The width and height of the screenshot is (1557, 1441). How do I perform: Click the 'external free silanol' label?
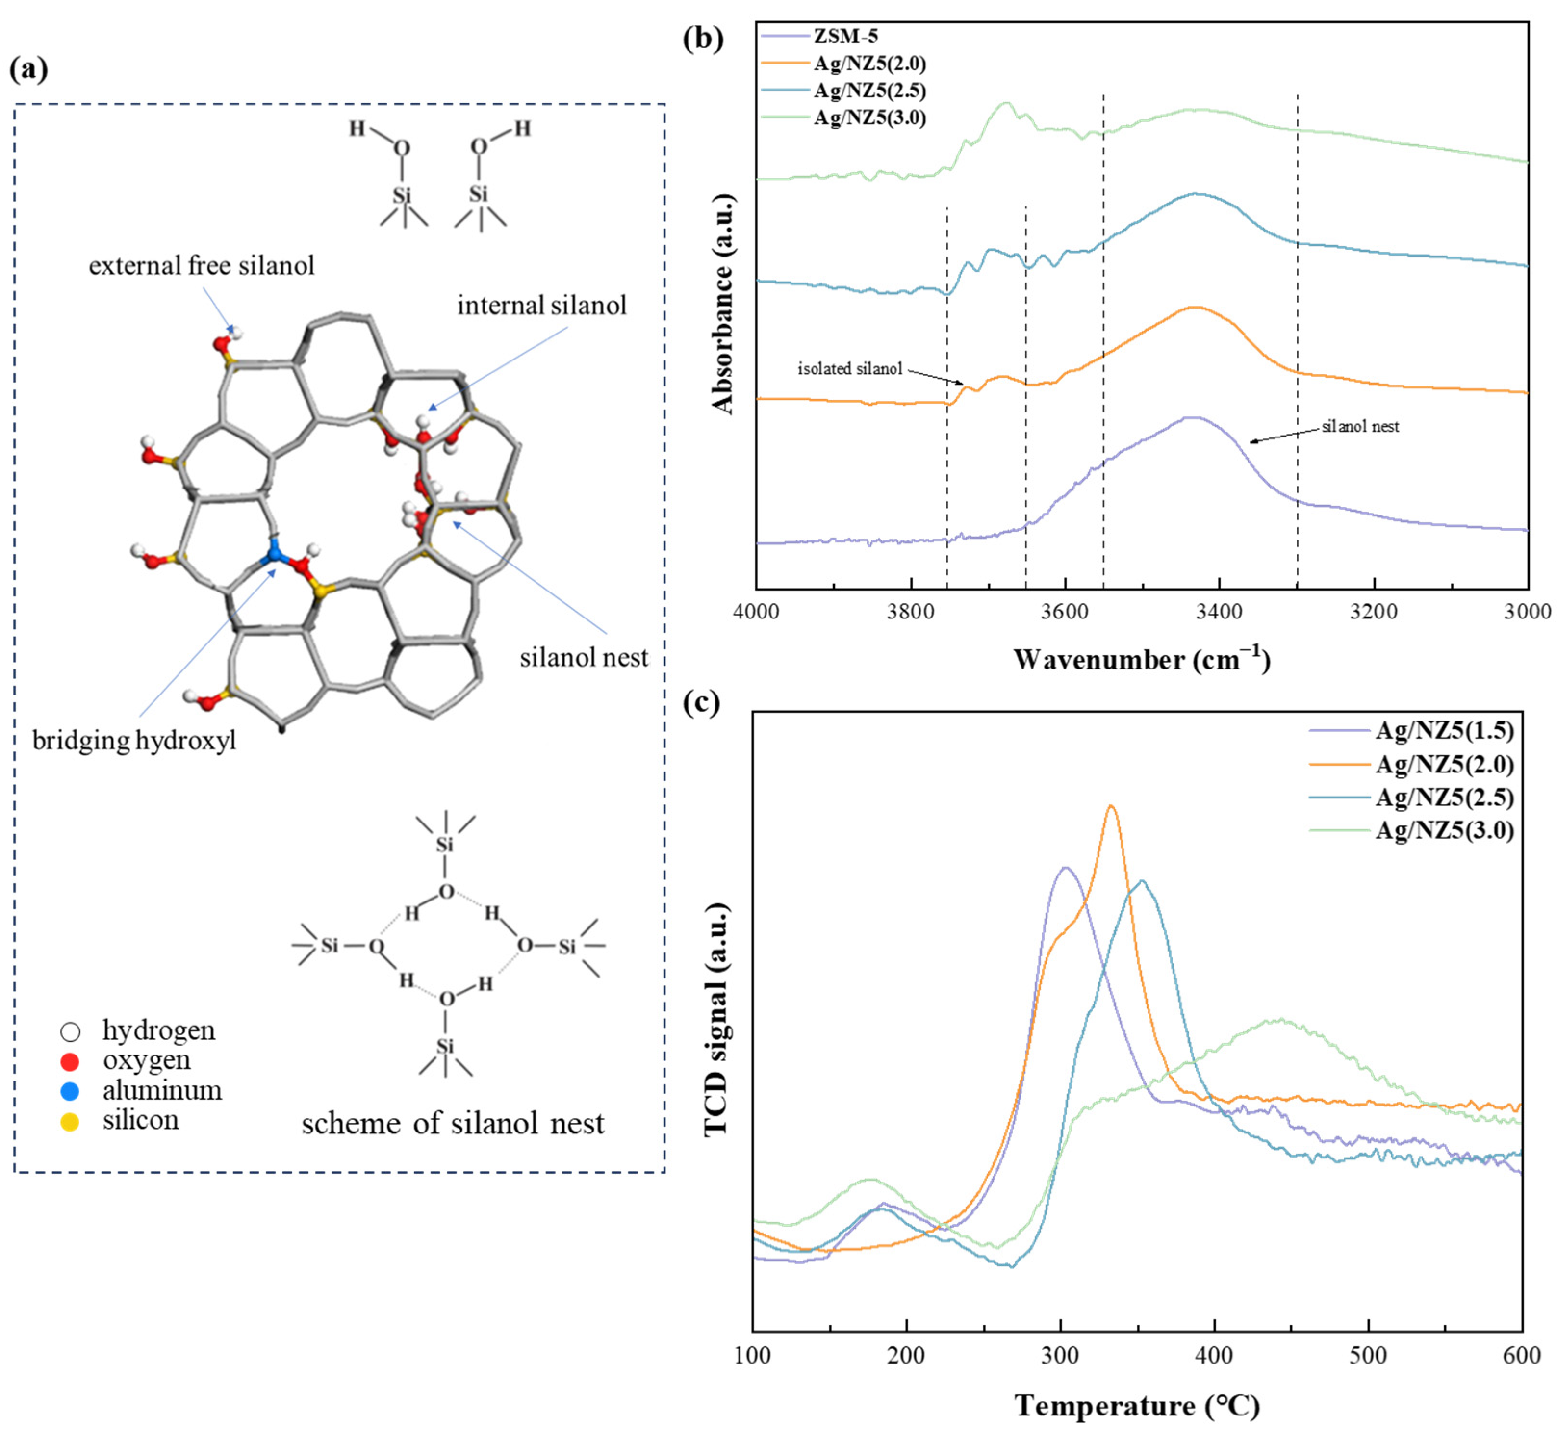coord(201,266)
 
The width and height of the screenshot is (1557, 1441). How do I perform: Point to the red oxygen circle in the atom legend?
coord(70,1061)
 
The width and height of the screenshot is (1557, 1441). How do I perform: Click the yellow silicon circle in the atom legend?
coord(70,1121)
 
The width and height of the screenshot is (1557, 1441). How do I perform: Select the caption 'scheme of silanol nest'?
coord(452,1124)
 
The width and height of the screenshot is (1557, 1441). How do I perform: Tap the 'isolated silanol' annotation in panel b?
coord(849,369)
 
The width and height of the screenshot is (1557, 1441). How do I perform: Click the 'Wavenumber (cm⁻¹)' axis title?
coord(1141,660)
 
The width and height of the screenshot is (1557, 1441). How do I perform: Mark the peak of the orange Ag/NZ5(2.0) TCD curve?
coord(1111,806)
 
